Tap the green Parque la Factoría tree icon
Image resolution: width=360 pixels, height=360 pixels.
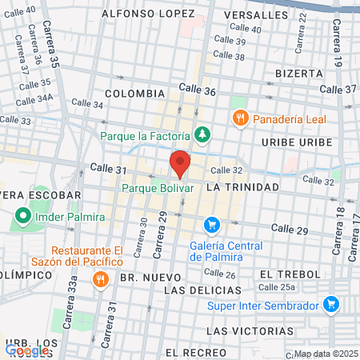[204, 135]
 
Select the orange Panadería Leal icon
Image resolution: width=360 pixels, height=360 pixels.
[239, 119]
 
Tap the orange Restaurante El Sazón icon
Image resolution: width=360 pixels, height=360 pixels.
[100, 279]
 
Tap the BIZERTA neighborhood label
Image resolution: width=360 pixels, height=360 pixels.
[298, 73]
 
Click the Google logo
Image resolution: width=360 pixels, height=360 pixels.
[27, 349]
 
